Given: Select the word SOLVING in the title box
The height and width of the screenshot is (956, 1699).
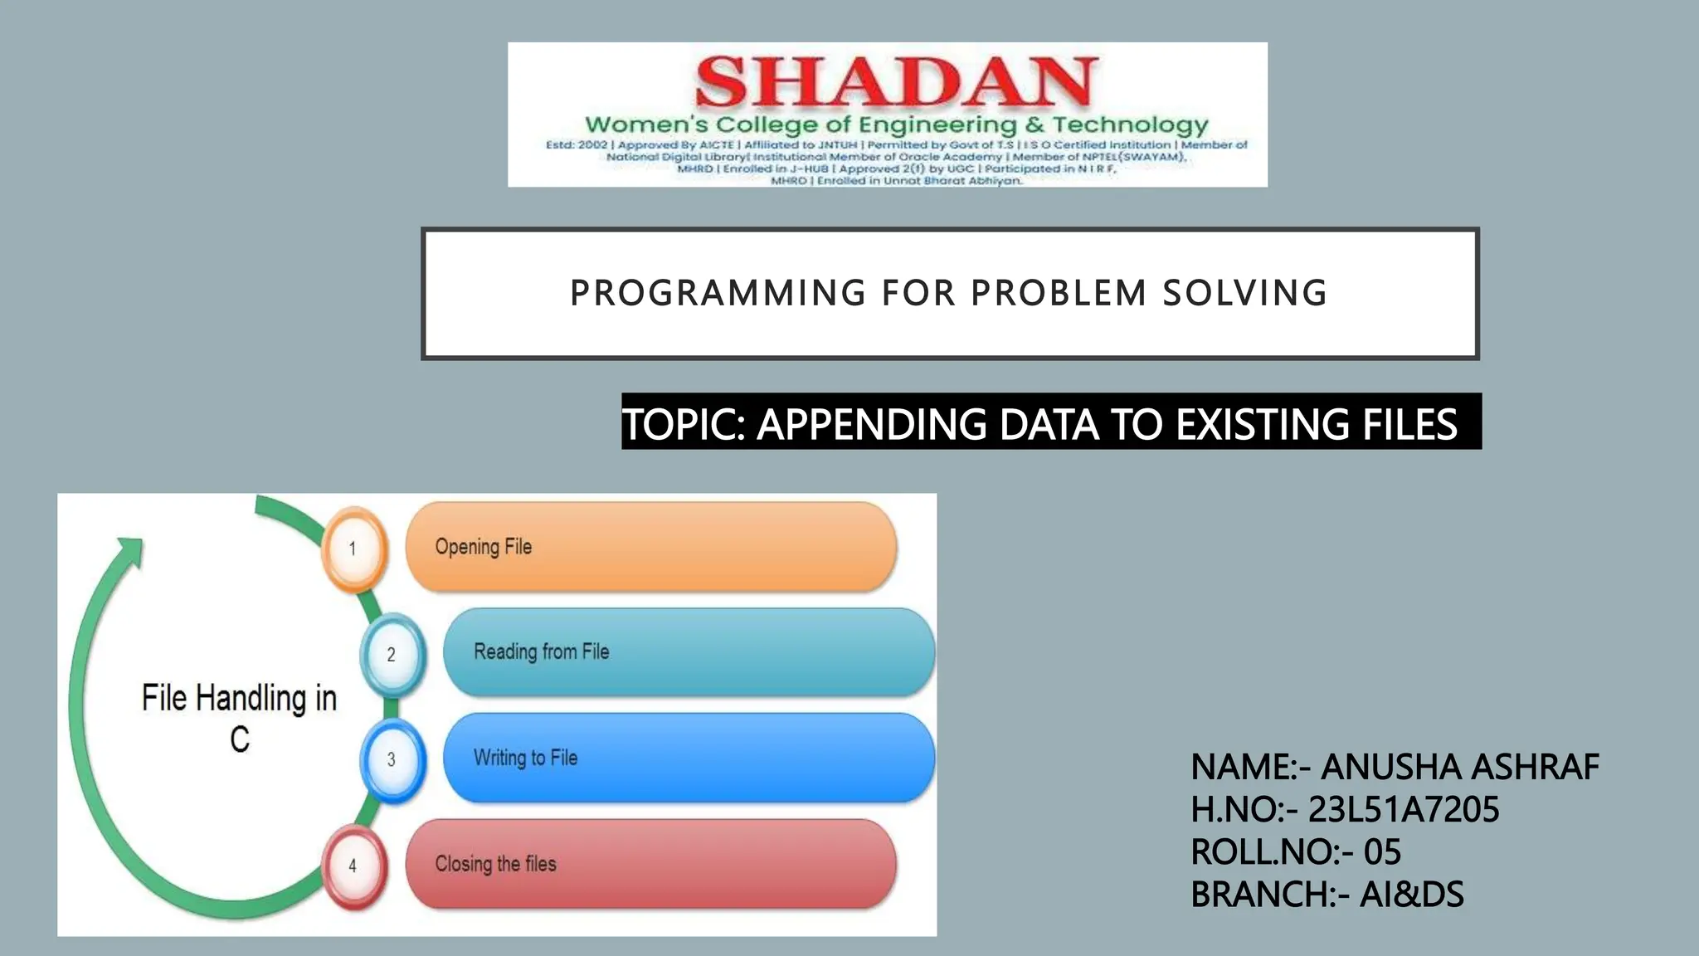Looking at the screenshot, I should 1244,294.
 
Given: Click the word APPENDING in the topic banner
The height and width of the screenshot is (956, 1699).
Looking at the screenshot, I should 871,424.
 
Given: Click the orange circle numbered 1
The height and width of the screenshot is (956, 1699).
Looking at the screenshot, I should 353,549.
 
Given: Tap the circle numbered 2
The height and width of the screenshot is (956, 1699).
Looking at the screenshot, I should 392,655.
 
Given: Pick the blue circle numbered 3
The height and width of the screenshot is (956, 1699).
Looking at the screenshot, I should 392,760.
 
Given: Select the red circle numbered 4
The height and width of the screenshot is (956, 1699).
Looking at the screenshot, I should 353,866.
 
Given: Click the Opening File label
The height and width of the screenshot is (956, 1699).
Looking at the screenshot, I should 483,547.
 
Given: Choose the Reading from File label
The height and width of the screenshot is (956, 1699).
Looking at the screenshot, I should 541,652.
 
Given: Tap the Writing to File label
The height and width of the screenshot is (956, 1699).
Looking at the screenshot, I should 525,758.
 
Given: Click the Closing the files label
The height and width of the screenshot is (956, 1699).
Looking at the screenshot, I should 495,864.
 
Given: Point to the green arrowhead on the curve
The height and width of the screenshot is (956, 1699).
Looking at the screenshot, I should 130,551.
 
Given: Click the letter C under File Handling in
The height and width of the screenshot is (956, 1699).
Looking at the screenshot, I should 240,739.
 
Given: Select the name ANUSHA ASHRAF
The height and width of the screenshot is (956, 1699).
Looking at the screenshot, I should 1459,767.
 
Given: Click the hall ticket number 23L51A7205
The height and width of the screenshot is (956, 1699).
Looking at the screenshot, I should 1404,809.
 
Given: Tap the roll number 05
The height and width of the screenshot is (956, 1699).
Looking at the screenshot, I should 1382,852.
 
